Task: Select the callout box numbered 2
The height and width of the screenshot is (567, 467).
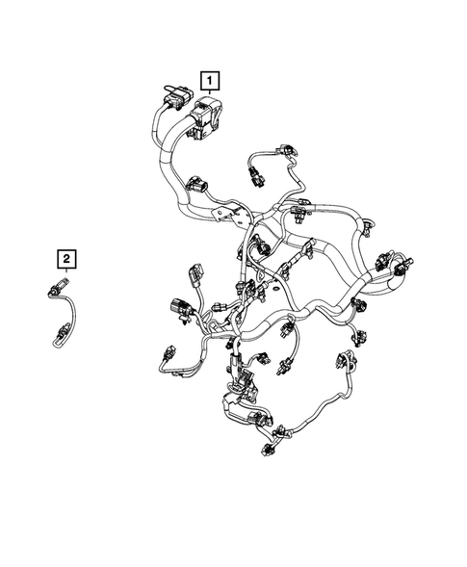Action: pos(66,257)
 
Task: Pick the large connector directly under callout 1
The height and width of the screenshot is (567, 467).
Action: pos(209,116)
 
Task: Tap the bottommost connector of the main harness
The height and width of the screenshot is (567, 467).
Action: pos(267,448)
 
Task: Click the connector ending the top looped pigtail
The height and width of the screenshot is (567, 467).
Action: pos(256,173)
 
